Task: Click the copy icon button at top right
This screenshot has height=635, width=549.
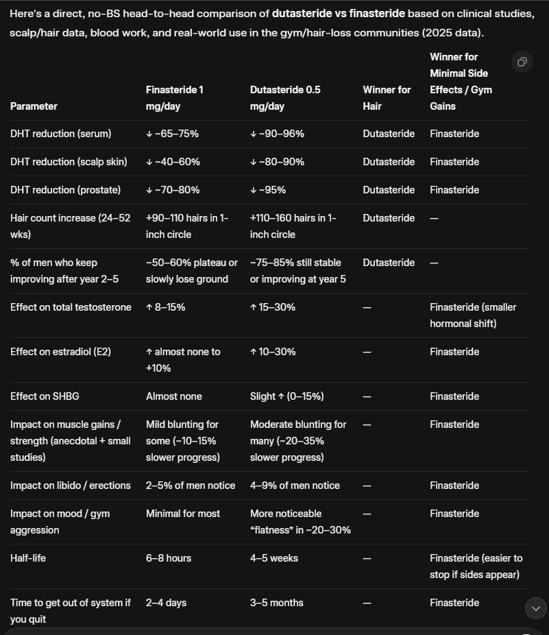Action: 522,62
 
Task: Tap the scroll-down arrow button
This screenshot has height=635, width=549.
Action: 535,608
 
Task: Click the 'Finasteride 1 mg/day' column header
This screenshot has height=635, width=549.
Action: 175,98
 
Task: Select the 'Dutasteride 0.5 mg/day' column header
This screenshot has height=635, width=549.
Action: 285,98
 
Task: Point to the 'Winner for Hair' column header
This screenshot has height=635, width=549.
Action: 387,98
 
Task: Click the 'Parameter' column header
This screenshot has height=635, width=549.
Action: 34,106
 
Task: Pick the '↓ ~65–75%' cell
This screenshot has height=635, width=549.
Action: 172,134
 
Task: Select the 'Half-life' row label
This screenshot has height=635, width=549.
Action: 28,558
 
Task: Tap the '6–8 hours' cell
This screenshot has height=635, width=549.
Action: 169,558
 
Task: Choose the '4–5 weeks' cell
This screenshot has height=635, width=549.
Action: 274,558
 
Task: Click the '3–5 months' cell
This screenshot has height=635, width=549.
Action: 277,603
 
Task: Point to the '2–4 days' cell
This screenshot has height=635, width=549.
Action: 166,603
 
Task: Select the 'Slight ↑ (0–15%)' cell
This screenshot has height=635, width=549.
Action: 287,396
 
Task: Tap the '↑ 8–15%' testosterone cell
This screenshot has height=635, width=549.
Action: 165,307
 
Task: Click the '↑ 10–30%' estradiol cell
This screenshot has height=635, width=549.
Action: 273,352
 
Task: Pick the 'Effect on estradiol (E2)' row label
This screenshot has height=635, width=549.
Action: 60,352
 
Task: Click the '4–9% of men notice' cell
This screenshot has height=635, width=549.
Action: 295,486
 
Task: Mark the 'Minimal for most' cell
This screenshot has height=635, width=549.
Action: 183,514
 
